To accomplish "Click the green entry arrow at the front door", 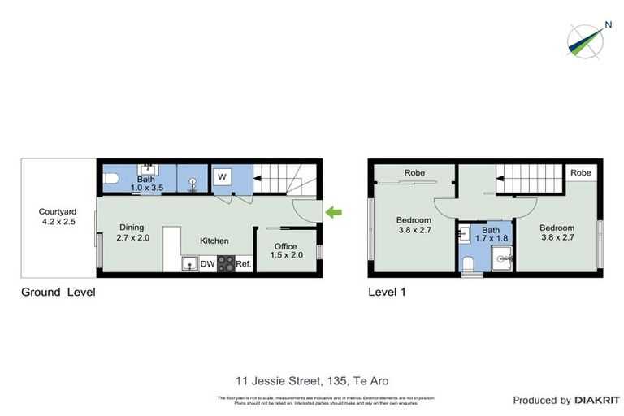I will tap(334, 213).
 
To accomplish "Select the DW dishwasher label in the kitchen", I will tap(206, 263).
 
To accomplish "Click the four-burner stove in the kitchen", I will tap(226, 263).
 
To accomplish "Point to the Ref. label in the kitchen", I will tap(244, 263).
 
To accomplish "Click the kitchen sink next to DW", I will tap(188, 263).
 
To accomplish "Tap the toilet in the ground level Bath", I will tap(111, 177).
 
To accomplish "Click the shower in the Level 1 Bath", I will tap(502, 260).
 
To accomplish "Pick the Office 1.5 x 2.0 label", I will tap(284, 251).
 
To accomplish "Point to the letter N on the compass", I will tap(607, 24).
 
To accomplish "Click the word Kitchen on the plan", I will tap(215, 240).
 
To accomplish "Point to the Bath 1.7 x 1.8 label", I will tap(485, 234).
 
